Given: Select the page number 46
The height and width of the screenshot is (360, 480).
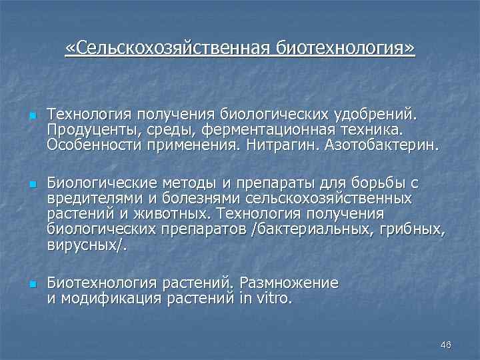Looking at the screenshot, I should coord(446,345).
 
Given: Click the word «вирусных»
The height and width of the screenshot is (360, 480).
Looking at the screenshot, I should coord(85,246).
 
